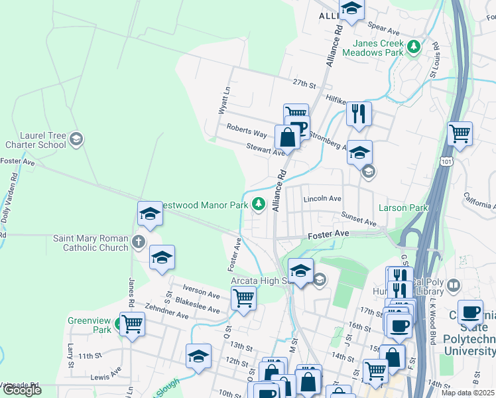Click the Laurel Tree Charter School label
[34, 140]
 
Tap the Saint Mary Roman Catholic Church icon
[138, 241]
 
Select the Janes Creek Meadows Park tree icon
[414, 46]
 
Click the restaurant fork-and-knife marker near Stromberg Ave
[359, 113]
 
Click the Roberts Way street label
[247, 130]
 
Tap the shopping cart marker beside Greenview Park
[133, 324]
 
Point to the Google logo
[22, 390]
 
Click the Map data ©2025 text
[468, 393]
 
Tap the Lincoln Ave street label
[322, 198]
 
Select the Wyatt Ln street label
[224, 99]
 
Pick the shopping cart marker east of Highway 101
[459, 133]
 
